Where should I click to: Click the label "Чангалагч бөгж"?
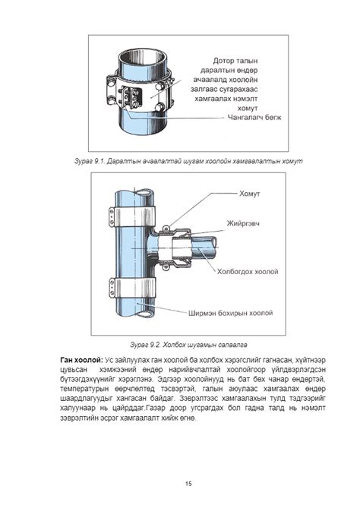click(254, 117)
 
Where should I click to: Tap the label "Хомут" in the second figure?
click(250, 194)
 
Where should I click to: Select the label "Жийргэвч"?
click(243, 223)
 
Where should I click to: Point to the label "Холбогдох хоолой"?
click(248, 272)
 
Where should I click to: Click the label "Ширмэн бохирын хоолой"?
click(231, 313)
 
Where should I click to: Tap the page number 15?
click(188, 484)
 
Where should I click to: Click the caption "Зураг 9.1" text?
click(90, 161)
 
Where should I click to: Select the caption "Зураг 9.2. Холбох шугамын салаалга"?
click(188, 345)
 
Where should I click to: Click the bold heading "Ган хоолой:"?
click(82, 360)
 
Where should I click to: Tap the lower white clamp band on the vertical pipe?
click(132, 287)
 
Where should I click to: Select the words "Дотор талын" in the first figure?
click(235, 61)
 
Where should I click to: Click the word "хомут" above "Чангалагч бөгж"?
click(248, 109)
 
